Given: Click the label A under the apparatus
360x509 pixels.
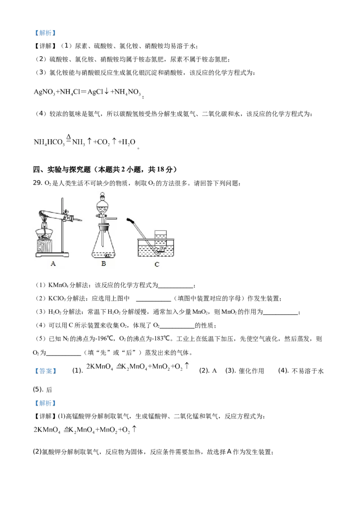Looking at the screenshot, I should pos(53,264).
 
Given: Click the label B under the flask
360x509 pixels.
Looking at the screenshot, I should pos(103,264).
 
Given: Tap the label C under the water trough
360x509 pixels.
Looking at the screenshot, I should pos(157,264).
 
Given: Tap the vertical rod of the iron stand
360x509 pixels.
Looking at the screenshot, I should pos(62,225).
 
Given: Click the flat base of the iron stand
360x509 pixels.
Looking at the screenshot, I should pos(53,255).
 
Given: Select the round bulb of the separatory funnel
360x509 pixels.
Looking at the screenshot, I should pos(103,208).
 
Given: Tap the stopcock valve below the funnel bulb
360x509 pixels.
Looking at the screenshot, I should pos(103,218).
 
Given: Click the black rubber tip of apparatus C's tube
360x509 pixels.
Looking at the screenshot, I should pos(130,220).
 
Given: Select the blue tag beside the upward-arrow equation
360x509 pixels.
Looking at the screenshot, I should pos(45,371).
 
